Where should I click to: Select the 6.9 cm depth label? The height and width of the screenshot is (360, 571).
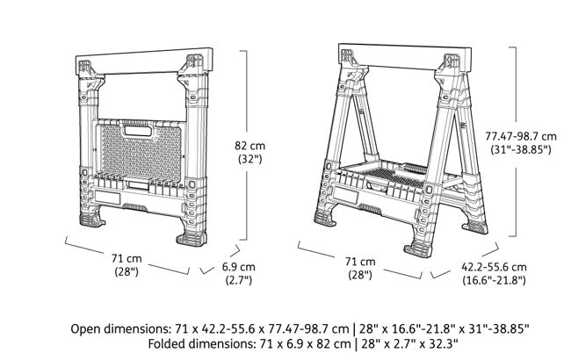click(237, 266)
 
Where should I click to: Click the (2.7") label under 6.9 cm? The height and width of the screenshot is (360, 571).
click(237, 281)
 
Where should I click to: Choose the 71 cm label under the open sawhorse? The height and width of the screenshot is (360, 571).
click(360, 262)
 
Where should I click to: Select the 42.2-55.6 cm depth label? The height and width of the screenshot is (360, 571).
click(494, 266)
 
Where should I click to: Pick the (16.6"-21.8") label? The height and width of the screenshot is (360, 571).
click(494, 281)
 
